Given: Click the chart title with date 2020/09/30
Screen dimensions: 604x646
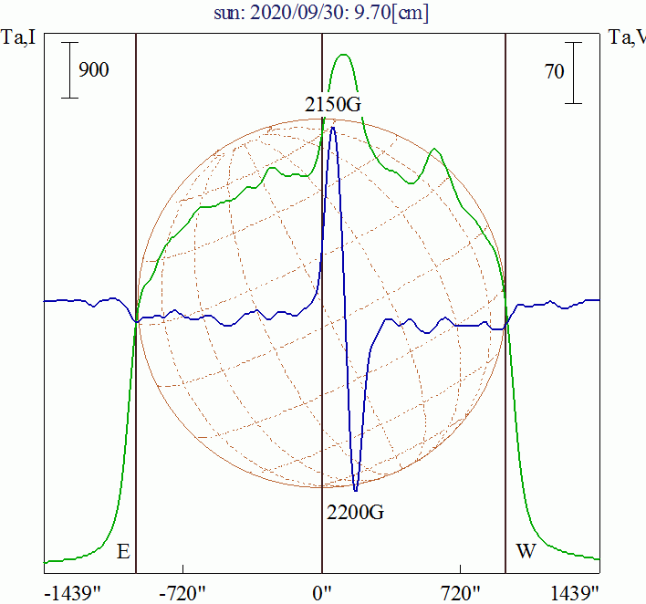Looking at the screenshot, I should point(322,13).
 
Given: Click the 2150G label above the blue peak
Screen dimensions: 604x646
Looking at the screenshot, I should point(333,104).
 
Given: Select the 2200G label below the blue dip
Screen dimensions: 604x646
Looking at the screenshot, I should point(355,512).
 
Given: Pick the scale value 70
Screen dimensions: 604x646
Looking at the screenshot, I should point(555,72).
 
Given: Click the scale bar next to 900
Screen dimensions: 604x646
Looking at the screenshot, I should point(69,70).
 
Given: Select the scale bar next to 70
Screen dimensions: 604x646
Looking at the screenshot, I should point(574,72).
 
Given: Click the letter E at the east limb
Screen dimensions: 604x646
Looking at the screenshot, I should point(123,551).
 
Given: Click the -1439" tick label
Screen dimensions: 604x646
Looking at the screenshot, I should point(73,593).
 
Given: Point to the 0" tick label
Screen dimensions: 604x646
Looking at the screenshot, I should point(323,593).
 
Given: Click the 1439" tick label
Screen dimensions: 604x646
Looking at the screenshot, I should point(575,593).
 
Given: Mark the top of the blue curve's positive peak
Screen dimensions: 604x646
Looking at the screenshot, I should point(333,128).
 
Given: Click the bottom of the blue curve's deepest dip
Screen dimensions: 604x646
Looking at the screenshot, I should point(355,490).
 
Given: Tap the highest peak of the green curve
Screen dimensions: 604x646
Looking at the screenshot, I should point(344,55).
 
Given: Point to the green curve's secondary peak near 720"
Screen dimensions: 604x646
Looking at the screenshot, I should point(435,150).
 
